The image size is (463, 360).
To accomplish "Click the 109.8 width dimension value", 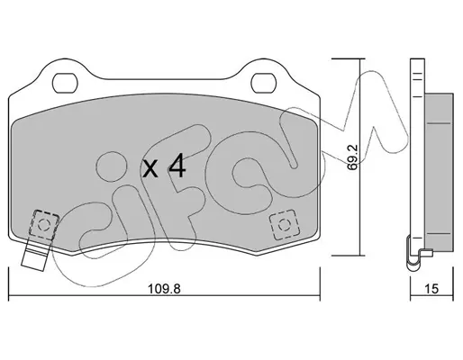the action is (x=164, y=289).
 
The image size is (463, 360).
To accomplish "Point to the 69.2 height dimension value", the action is (x=352, y=157).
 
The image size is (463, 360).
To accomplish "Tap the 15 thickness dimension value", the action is (x=431, y=289).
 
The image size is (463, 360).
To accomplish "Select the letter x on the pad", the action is (x=150, y=168).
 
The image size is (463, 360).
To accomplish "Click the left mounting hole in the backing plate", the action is (x=65, y=83).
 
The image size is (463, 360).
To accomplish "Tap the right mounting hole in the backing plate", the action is (x=263, y=83).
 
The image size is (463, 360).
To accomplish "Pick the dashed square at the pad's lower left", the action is (x=44, y=224).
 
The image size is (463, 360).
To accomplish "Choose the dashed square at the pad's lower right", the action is (x=285, y=225).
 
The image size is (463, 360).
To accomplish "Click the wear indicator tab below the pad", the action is (x=35, y=255).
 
